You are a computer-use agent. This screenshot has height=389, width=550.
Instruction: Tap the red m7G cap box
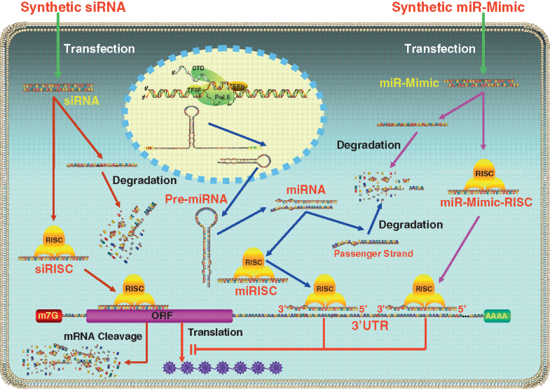(x=50, y=315)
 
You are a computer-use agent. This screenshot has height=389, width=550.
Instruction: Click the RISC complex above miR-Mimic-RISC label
(x=484, y=176)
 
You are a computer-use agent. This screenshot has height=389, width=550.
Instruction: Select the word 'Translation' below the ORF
(x=219, y=332)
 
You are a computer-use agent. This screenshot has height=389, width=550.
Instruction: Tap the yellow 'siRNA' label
(x=69, y=100)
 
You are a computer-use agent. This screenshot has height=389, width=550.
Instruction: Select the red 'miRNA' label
(x=302, y=190)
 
